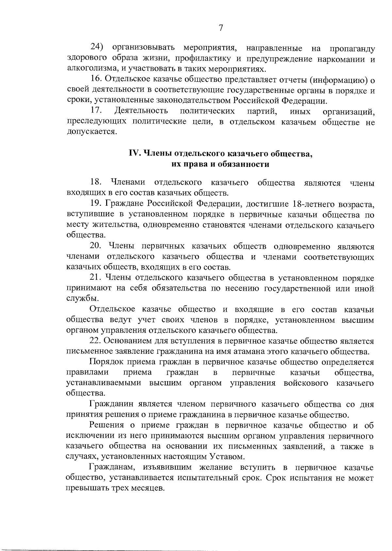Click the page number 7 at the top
point(221,28)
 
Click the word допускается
point(91,133)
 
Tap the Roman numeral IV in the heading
point(134,153)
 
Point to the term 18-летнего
point(317,204)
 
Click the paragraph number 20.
point(97,246)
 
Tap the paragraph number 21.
point(96,278)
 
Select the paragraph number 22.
point(97,341)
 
